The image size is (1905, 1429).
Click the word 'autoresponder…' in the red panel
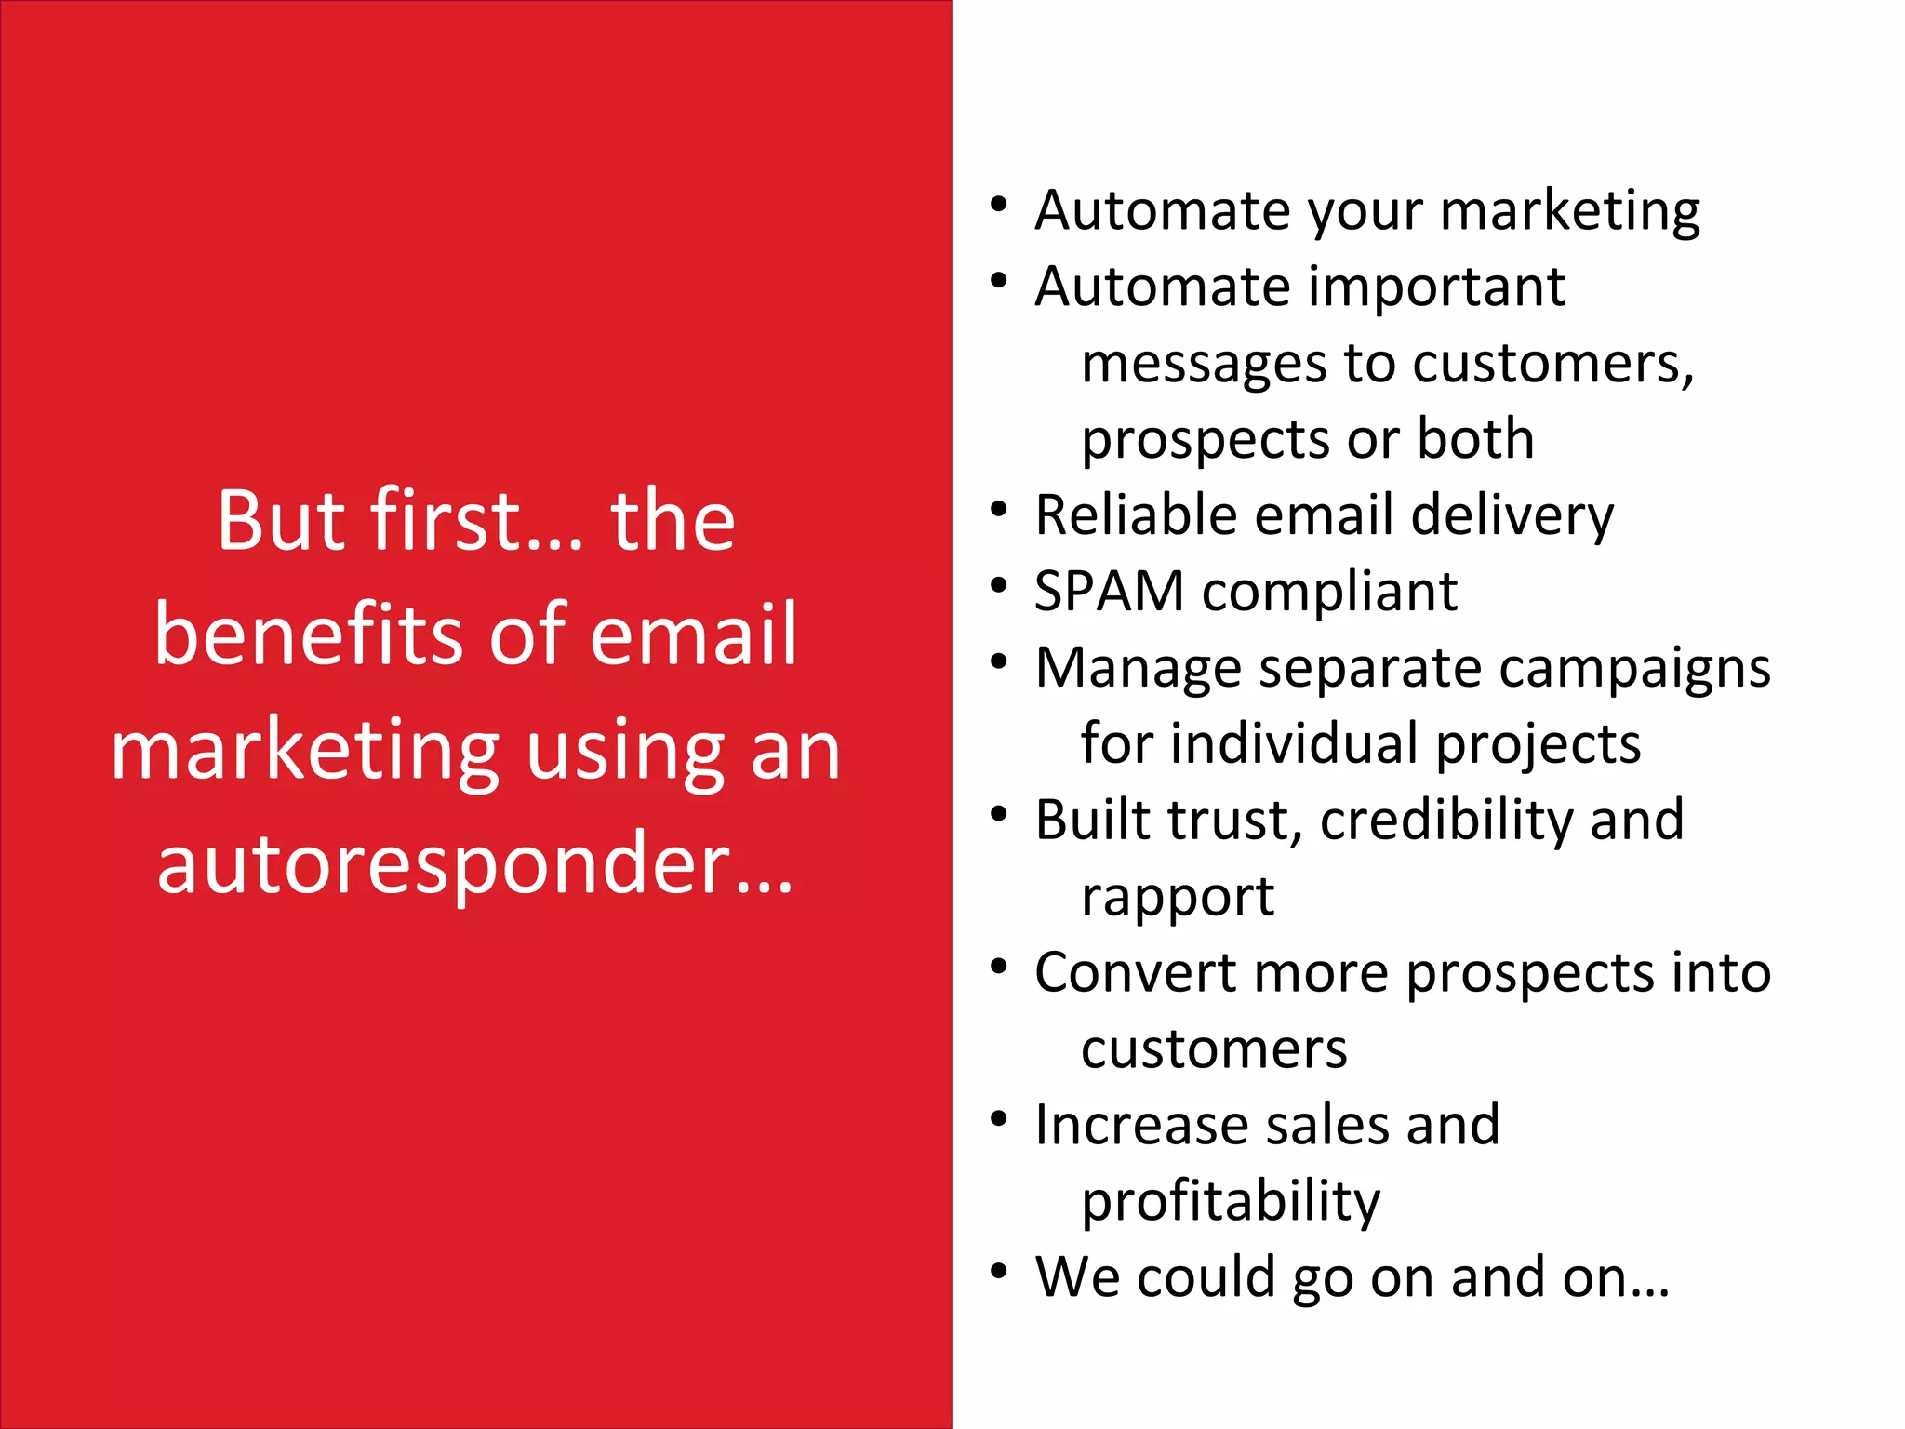pos(475,863)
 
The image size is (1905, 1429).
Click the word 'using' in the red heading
pos(625,750)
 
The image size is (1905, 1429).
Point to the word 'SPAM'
pos(1108,592)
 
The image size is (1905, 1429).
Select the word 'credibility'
pos(1445,821)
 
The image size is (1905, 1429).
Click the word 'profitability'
pos(1230,1202)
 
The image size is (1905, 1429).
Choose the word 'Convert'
pos(1135,973)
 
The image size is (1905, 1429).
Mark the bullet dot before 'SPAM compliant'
pos(999,584)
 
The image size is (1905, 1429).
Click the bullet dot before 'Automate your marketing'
pos(999,203)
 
